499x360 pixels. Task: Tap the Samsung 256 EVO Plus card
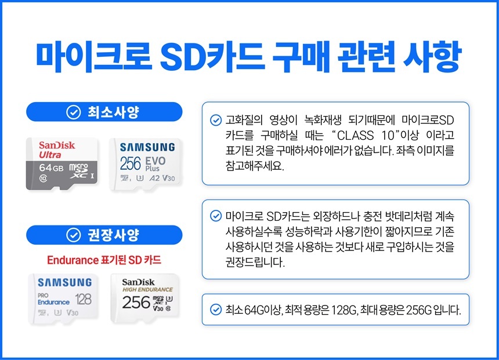[146, 163]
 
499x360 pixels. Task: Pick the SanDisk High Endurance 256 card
[147, 297]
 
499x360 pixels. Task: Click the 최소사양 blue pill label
[104, 112]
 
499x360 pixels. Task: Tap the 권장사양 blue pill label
[104, 235]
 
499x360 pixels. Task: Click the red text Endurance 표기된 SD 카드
[104, 260]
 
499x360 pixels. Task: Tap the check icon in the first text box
[215, 122]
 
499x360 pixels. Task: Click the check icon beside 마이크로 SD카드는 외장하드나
[215, 217]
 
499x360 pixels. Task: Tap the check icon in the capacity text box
[215, 310]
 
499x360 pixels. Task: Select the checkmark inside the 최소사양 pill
[73, 112]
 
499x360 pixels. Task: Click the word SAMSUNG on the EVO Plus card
[147, 147]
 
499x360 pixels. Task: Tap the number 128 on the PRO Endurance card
[80, 299]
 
